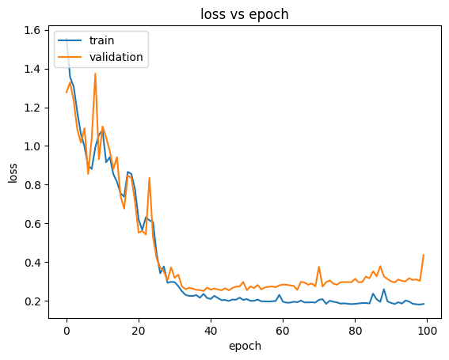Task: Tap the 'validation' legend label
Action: point(116,57)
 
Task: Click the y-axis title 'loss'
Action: point(13,172)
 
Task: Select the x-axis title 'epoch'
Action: point(245,346)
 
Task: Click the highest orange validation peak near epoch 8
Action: point(95,74)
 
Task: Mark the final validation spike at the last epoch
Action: point(424,255)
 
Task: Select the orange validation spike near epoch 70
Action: point(319,267)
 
